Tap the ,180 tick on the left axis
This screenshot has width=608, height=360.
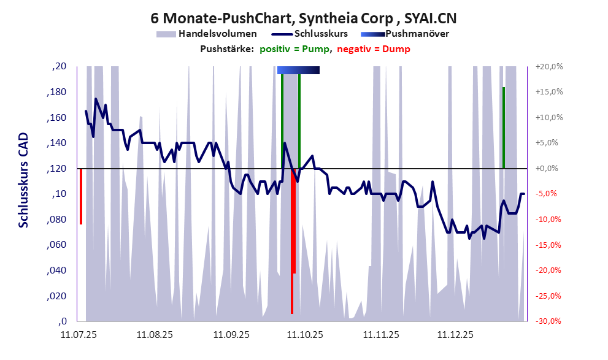tap(58, 92)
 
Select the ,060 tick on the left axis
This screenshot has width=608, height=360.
tap(58, 245)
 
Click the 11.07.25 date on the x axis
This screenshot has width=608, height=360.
tap(79, 335)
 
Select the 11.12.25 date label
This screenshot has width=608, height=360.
tap(455, 335)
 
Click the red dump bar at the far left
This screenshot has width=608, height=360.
tap(80, 196)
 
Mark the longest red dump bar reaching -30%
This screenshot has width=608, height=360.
tap(292, 245)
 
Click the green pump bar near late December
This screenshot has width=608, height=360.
tap(503, 128)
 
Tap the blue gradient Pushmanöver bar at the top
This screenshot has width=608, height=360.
tap(298, 71)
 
